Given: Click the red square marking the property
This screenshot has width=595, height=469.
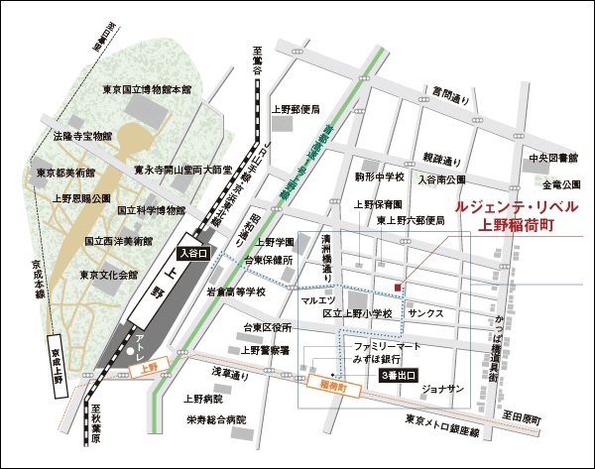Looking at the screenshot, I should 398,288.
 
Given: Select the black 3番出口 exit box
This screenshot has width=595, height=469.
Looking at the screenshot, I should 399,377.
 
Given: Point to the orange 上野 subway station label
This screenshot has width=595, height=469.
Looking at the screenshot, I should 150,368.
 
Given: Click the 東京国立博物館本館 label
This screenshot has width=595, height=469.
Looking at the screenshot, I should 146,89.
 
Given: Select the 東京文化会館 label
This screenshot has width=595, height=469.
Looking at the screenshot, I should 110,275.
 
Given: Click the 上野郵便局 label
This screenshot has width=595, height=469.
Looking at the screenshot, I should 296,109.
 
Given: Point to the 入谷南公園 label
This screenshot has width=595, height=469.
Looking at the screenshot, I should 441,180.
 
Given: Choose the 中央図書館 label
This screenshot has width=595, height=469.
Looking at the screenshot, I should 552,158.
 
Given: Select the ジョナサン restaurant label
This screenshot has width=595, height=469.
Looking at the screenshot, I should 442,388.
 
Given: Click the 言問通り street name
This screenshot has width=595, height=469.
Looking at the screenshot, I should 449,99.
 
